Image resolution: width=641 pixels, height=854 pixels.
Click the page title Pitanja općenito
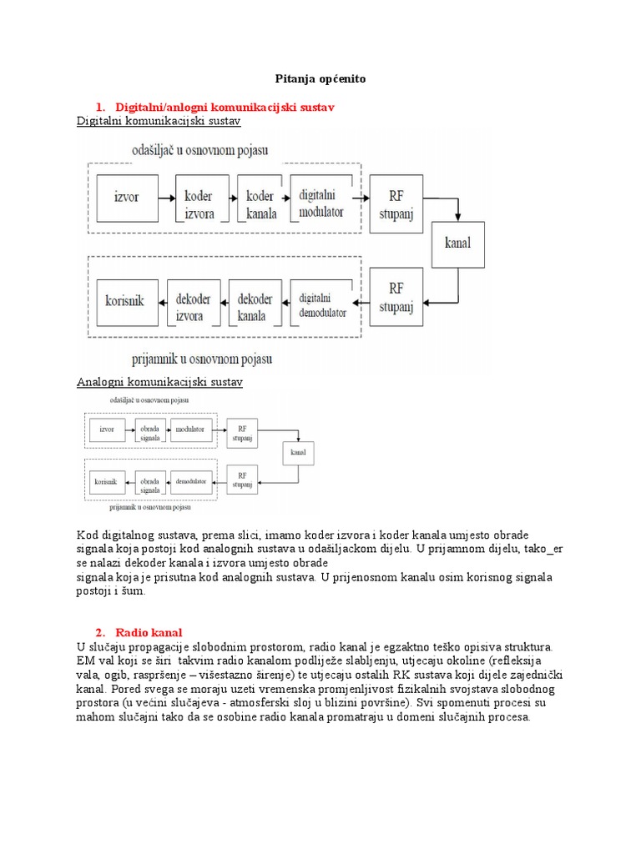(320, 78)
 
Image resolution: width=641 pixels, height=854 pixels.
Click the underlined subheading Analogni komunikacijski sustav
(159, 382)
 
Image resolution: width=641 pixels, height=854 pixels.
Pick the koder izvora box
(198, 203)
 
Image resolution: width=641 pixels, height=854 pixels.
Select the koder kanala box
(260, 203)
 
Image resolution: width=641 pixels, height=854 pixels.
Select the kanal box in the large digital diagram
(457, 244)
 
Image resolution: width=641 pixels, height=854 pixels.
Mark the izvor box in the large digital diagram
(126, 200)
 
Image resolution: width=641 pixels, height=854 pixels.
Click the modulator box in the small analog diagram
(190, 430)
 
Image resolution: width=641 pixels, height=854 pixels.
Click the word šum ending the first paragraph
(134, 590)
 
